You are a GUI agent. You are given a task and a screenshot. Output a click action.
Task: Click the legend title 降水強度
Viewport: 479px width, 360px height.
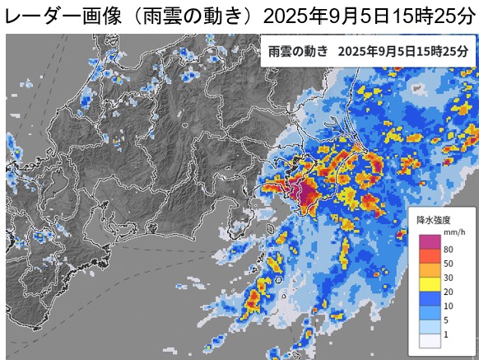(x=432, y=220)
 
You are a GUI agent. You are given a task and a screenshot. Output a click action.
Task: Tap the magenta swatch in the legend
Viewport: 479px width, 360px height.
(x=430, y=241)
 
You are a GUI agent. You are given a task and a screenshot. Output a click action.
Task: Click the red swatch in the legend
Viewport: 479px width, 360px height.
(x=430, y=257)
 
